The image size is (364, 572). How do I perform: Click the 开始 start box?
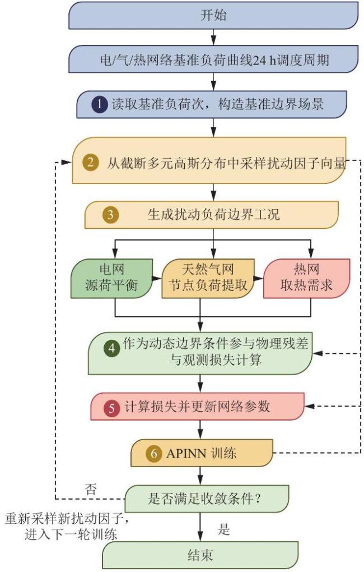click(213, 15)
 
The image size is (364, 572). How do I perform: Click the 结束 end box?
click(200, 555)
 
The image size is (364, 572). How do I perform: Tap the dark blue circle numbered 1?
click(100, 105)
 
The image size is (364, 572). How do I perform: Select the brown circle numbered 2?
click(90, 162)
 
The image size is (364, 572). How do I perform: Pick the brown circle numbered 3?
click(110, 215)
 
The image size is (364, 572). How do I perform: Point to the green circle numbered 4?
click(112, 348)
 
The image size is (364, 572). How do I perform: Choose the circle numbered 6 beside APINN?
click(153, 454)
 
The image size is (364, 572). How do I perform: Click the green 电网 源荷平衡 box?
click(111, 278)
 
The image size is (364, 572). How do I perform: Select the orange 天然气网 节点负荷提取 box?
click(208, 278)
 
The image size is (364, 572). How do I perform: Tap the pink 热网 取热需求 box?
click(306, 278)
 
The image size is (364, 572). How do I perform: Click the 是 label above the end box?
click(223, 529)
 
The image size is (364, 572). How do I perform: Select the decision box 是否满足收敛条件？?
click(207, 499)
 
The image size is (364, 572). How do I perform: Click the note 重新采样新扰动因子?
click(67, 518)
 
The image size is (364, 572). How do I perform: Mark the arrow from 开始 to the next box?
click(213, 37)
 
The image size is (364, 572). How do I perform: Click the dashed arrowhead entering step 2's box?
click(66, 162)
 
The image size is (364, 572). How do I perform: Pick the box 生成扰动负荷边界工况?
click(211, 215)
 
